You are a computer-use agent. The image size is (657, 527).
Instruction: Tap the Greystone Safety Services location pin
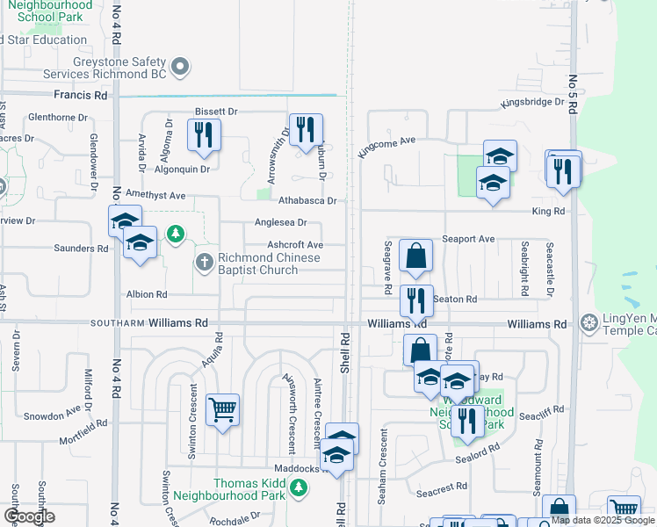180,66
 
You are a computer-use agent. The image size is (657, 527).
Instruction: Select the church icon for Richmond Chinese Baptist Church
204,261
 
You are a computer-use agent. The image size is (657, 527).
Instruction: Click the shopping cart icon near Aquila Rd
222,409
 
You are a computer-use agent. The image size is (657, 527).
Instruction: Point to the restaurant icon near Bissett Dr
203,134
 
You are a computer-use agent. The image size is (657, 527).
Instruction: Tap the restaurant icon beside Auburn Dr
305,130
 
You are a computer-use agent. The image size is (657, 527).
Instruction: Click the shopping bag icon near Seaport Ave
415,256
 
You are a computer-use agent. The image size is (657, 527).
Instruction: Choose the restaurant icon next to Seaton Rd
416,300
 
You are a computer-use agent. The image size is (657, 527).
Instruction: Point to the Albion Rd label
147,294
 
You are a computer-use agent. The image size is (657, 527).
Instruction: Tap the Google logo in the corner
29,516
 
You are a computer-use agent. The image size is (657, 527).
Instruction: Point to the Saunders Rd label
85,249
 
